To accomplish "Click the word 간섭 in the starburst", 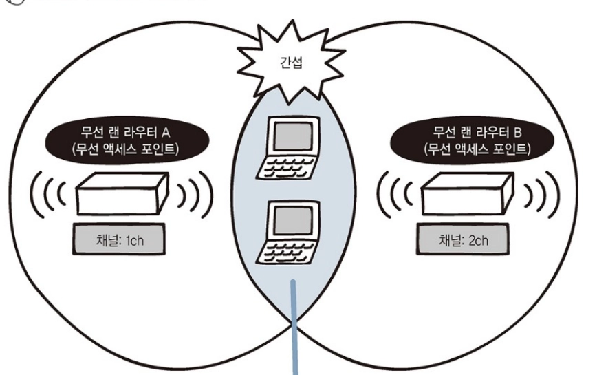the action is [x=291, y=62].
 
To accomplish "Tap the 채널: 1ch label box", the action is [x=119, y=239].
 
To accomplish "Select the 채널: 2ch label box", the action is [x=462, y=239].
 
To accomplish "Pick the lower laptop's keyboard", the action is [x=286, y=251].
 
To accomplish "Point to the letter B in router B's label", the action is [x=517, y=133].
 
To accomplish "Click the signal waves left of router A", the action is [x=47, y=195].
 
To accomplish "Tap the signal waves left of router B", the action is [x=395, y=195].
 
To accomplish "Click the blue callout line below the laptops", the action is [x=294, y=328].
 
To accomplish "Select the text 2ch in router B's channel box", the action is [x=478, y=241].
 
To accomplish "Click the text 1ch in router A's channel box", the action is [x=134, y=241].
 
